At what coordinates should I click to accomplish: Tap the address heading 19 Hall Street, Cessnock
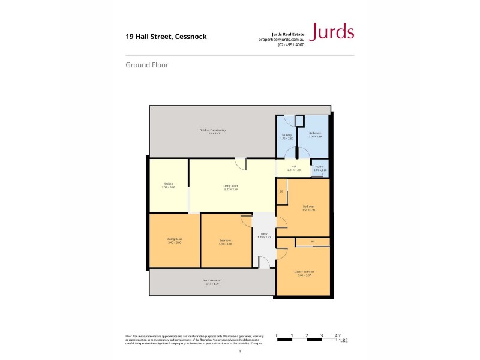tap(166, 37)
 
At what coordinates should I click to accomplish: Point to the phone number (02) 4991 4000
tap(291, 45)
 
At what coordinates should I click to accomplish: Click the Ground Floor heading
tap(147, 65)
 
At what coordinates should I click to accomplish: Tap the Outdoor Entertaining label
tap(212, 131)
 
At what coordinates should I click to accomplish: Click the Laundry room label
tap(287, 136)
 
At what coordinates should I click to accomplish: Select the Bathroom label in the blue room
tap(315, 134)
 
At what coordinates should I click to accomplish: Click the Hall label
tap(294, 167)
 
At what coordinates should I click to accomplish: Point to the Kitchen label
tap(168, 185)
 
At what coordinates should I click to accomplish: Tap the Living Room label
tap(231, 187)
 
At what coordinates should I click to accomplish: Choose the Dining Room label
tap(175, 240)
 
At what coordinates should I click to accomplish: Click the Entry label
tap(264, 235)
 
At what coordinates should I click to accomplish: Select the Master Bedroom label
tap(304, 273)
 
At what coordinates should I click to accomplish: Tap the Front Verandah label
tap(212, 281)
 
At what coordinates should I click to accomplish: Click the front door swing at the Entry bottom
tap(263, 262)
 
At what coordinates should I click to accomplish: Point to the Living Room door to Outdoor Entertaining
tap(240, 163)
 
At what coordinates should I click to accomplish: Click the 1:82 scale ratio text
tap(343, 341)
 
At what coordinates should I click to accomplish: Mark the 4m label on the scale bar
tap(338, 335)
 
